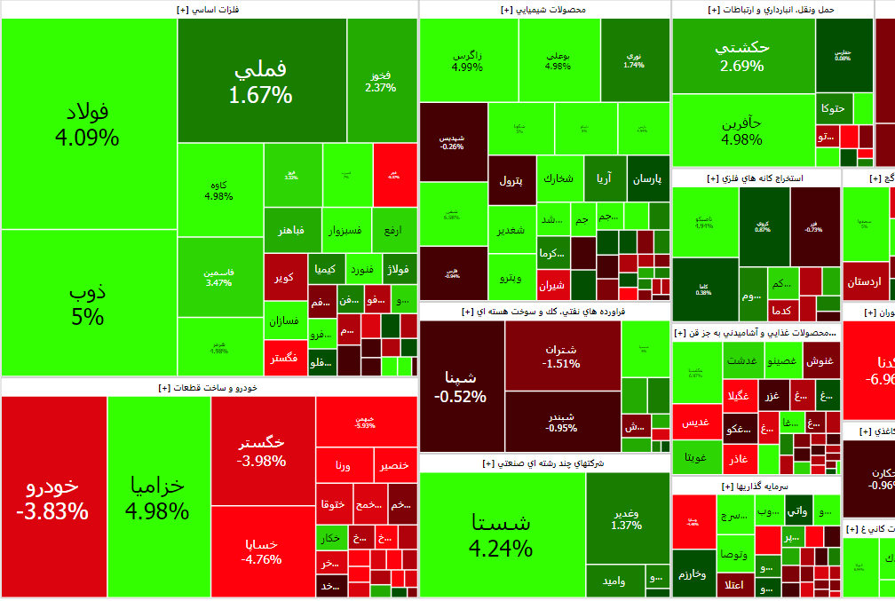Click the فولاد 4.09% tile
point(87,124)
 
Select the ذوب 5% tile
point(87,304)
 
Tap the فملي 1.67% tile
point(261,82)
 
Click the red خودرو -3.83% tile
point(53,497)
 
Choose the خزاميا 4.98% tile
point(158,497)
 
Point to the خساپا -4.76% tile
point(263,550)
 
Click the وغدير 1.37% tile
point(627,518)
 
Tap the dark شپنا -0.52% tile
point(461,387)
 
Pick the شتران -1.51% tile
point(562,355)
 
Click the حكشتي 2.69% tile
point(743,56)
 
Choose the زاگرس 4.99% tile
point(468,60)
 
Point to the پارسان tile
point(647,178)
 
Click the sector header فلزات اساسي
point(209,10)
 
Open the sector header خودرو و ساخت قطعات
point(209,388)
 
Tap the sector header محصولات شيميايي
point(544,10)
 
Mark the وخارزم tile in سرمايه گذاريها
point(693,573)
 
